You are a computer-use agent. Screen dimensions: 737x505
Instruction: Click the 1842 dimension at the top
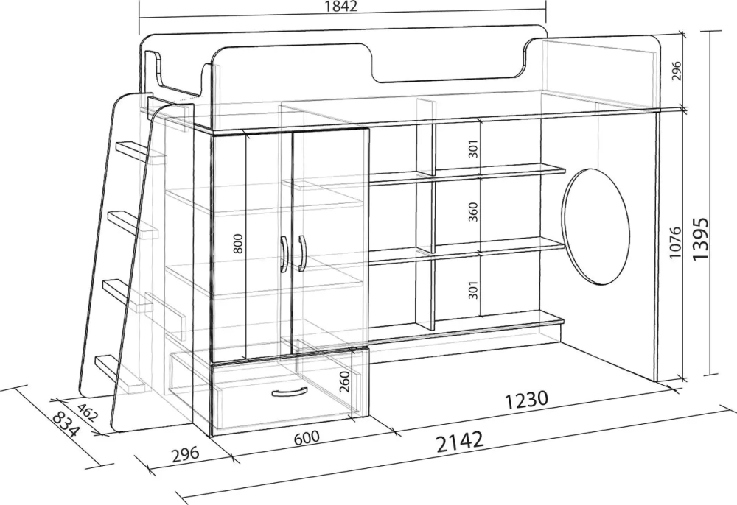pyautogui.click(x=340, y=6)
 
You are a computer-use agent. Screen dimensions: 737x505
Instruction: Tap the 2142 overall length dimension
pyautogui.click(x=460, y=442)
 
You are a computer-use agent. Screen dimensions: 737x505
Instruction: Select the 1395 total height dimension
pyautogui.click(x=700, y=239)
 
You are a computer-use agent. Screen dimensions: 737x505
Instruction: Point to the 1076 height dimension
pyautogui.click(x=675, y=243)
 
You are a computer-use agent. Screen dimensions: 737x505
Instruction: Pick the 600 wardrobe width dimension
pyautogui.click(x=307, y=438)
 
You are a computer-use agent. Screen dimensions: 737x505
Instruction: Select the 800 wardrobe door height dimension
pyautogui.click(x=239, y=243)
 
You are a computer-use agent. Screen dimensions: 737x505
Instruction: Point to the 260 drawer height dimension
pyautogui.click(x=344, y=381)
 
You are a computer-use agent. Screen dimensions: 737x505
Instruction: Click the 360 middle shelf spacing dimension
pyautogui.click(x=473, y=212)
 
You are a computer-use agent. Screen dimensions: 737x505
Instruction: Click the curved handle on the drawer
pyautogui.click(x=290, y=392)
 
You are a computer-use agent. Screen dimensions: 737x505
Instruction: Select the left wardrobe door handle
pyautogui.click(x=284, y=254)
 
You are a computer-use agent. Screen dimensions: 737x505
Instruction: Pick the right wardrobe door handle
pyautogui.click(x=301, y=253)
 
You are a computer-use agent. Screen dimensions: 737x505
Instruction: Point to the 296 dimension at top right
pyautogui.click(x=677, y=71)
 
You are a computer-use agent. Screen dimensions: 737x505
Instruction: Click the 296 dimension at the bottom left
pyautogui.click(x=186, y=454)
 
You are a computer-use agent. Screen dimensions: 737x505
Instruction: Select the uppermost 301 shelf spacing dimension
pyautogui.click(x=473, y=149)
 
